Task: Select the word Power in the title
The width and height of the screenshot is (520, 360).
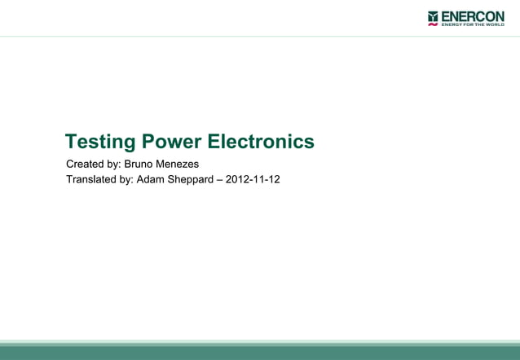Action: click(x=172, y=142)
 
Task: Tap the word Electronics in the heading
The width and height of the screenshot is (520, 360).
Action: click(x=261, y=142)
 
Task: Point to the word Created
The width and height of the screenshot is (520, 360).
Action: click(x=86, y=164)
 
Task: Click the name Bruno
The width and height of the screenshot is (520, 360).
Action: click(x=140, y=164)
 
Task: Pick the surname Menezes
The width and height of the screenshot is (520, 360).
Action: click(x=179, y=164)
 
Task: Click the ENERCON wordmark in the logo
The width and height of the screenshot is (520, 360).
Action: click(x=473, y=16)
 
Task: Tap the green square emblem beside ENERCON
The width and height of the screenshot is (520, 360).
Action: click(x=433, y=15)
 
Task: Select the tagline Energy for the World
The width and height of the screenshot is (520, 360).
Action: click(x=473, y=25)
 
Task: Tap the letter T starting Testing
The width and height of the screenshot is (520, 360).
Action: click(x=71, y=142)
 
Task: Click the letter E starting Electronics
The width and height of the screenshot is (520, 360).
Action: click(x=214, y=142)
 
